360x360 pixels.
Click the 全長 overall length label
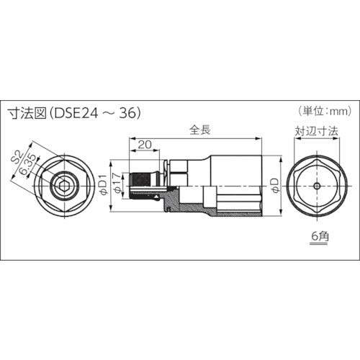199,130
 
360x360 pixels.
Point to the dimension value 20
143,143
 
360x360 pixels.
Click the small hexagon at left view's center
63,186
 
